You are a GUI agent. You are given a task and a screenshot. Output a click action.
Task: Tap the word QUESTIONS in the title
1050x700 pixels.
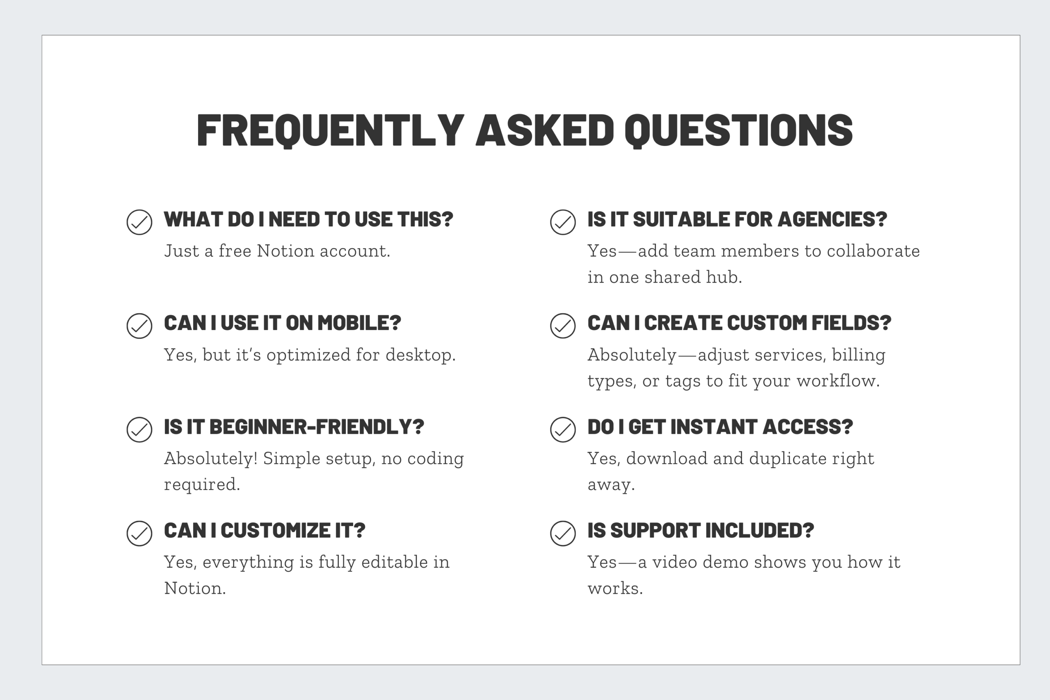point(738,130)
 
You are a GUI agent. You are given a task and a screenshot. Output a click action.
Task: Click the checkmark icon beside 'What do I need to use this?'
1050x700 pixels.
point(139,222)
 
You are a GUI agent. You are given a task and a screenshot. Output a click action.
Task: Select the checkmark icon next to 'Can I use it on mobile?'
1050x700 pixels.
point(139,326)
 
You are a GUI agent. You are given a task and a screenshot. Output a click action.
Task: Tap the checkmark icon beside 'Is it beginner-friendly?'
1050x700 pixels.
point(139,429)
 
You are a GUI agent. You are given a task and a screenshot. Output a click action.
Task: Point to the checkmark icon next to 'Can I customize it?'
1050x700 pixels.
point(139,533)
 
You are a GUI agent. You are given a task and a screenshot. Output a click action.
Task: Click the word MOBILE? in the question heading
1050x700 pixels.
point(359,323)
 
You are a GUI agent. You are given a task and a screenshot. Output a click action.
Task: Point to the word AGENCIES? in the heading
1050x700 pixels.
point(832,219)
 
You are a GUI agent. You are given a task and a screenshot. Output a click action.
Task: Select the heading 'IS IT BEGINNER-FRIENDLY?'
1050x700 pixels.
point(294,427)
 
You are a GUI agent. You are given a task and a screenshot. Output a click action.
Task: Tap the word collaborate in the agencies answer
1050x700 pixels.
point(873,251)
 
